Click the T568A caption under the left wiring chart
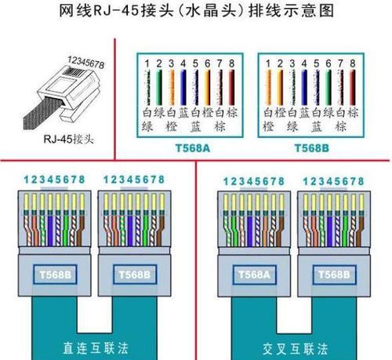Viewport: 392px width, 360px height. (193, 148)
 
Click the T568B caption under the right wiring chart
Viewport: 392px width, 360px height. (311, 148)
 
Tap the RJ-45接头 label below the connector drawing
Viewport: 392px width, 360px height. (68, 139)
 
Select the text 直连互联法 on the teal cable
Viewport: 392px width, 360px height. (96, 348)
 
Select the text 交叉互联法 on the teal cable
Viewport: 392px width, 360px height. (295, 349)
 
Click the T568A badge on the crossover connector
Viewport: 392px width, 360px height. (254, 275)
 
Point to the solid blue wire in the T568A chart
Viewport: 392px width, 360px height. (183, 87)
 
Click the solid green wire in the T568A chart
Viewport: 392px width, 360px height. (159, 87)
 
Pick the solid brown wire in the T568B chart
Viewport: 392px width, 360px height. (353, 87)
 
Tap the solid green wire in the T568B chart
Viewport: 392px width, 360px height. (328, 87)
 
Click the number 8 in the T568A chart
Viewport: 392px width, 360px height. (231, 64)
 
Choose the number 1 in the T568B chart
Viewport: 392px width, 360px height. (268, 64)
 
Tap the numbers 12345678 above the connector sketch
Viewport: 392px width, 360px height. (85, 63)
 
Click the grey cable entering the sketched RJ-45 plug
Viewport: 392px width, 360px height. (43, 113)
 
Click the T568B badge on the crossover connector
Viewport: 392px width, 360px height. (334, 275)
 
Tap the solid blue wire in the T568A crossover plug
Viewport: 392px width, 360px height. (250, 231)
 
